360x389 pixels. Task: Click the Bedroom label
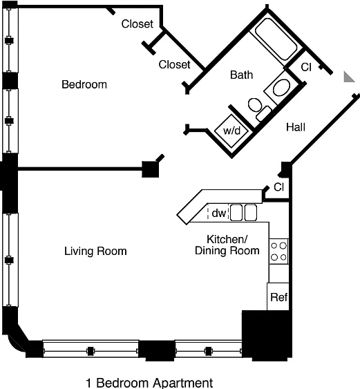[84, 84]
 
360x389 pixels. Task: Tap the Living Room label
[95, 251]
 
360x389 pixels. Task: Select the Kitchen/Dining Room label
[227, 245]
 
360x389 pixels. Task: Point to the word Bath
[241, 75]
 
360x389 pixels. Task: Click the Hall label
[296, 127]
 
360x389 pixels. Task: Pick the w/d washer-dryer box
[231, 131]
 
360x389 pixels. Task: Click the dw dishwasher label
[219, 213]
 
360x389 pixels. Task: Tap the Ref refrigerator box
[278, 296]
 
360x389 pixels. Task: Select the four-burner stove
[279, 252]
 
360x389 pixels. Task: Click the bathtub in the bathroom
[276, 39]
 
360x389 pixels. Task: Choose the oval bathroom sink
[281, 88]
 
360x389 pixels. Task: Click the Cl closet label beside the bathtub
[306, 67]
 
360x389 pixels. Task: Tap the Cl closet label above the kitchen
[279, 187]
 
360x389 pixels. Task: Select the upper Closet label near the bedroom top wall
[138, 24]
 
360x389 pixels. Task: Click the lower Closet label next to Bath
[174, 64]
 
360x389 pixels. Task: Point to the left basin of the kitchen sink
[236, 213]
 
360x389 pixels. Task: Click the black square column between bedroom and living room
[151, 169]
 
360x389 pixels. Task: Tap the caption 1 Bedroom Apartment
[149, 383]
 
